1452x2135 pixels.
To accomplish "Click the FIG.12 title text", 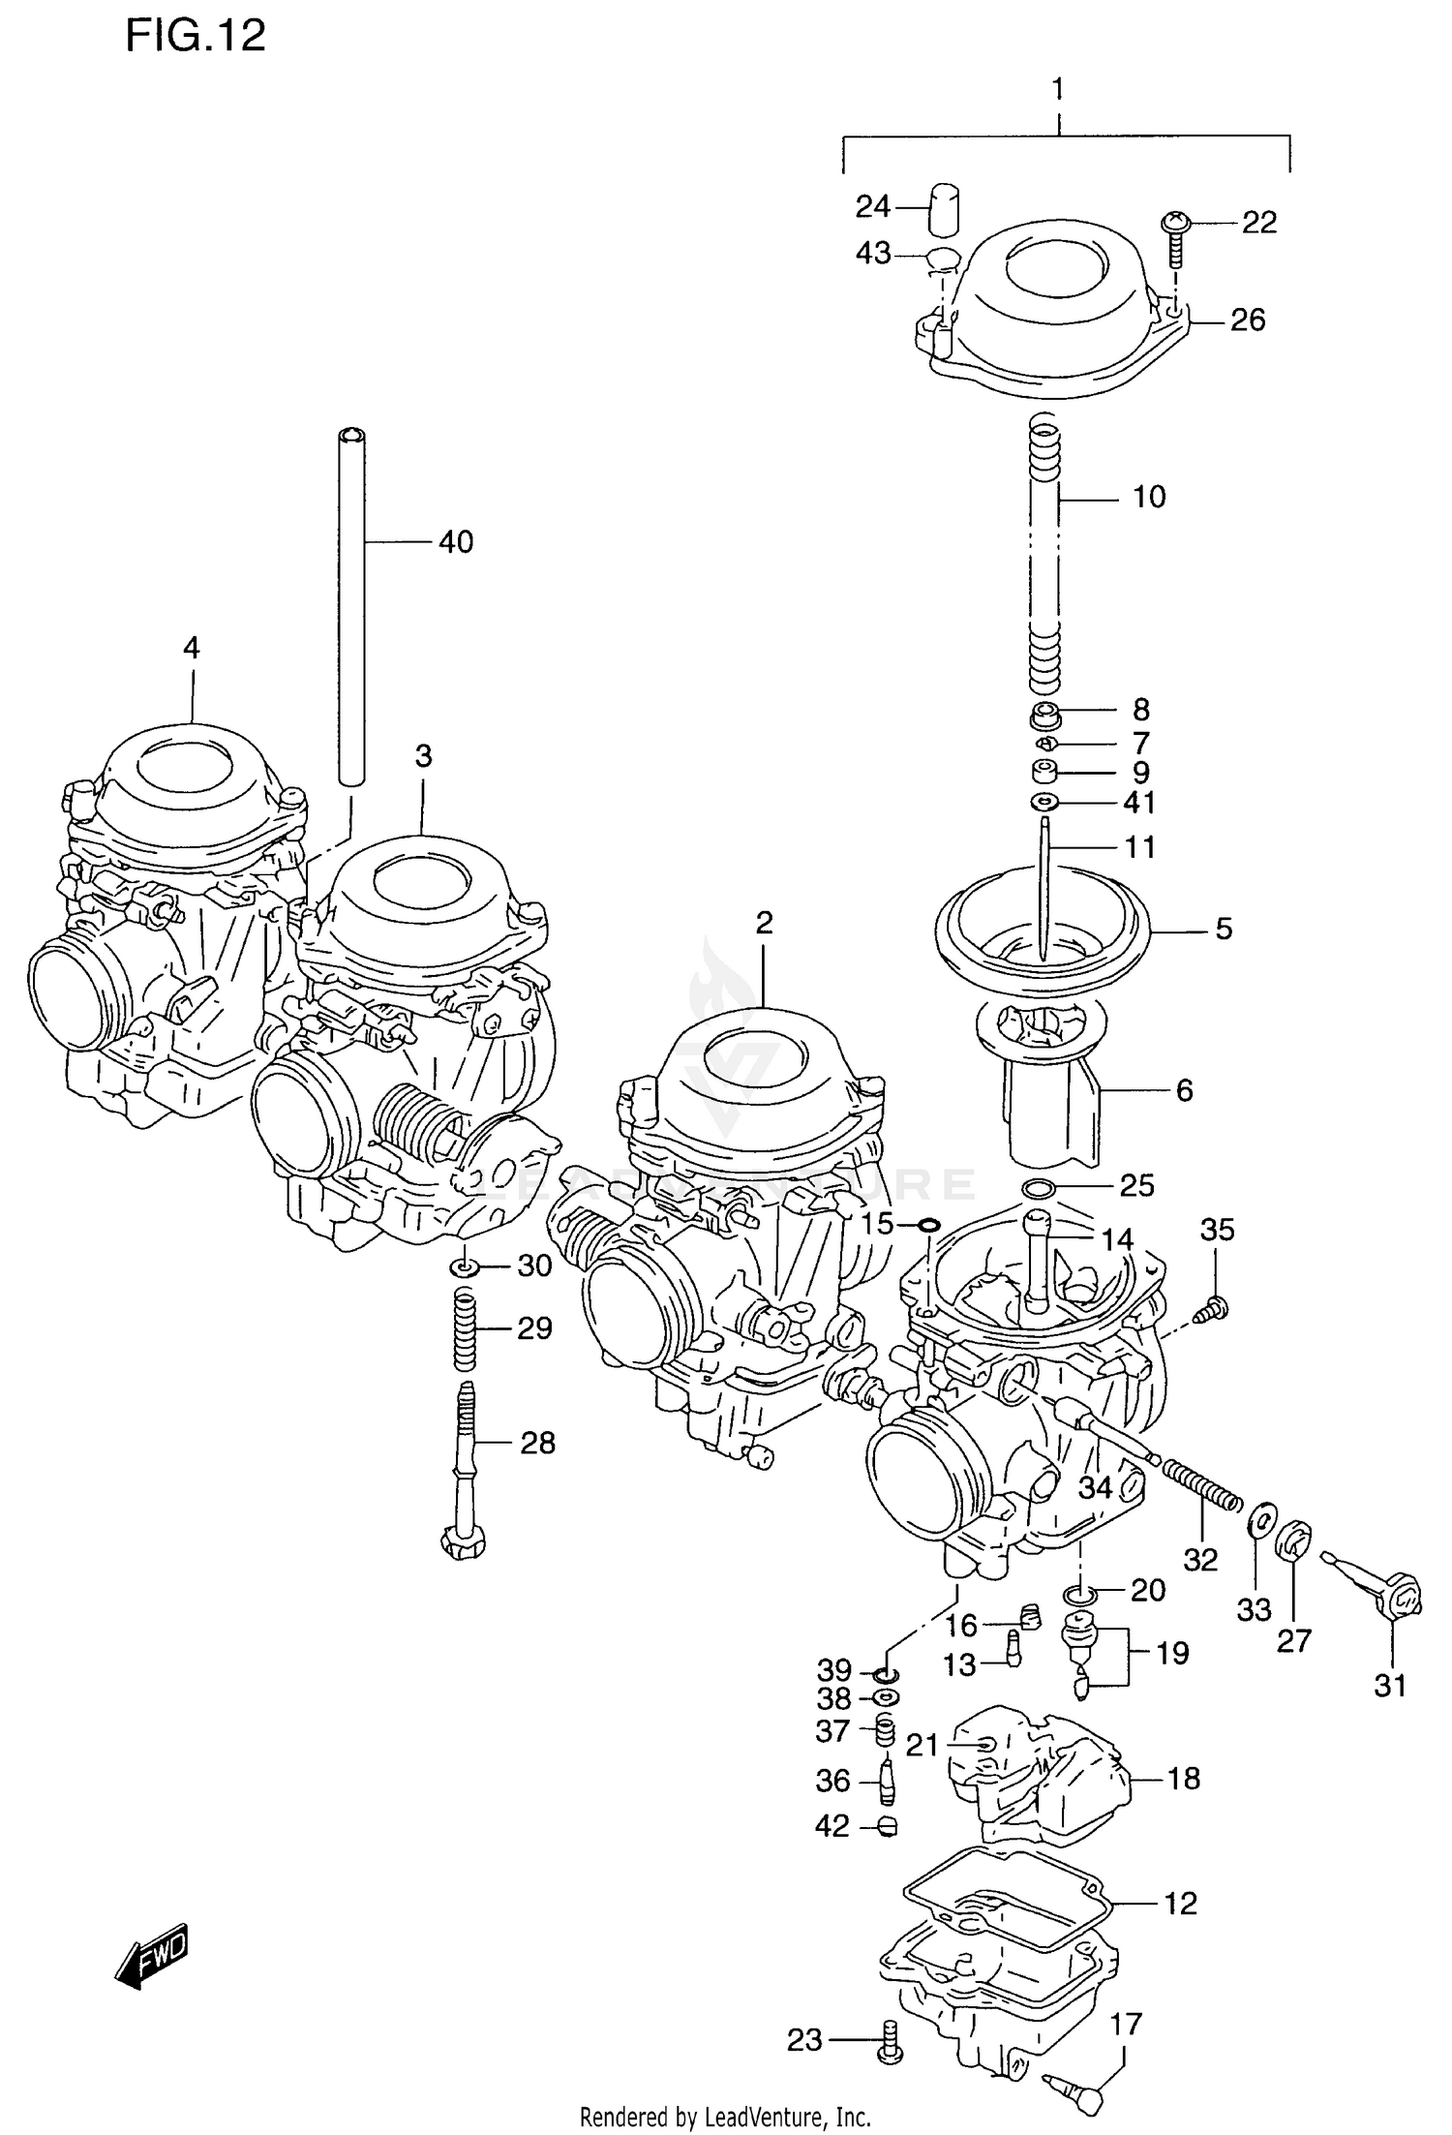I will pos(195,37).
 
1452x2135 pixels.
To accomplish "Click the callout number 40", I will pos(456,542).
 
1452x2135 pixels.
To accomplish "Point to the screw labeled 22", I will pos(1174,237).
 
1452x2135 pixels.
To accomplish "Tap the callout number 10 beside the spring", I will pos(1149,498).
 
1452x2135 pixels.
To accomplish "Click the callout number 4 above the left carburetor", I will pos(191,648).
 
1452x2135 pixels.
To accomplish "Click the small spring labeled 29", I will pos(466,1329).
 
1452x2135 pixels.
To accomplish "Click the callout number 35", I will pos(1217,1231).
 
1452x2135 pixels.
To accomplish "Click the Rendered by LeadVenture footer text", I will pos(725,2118).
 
